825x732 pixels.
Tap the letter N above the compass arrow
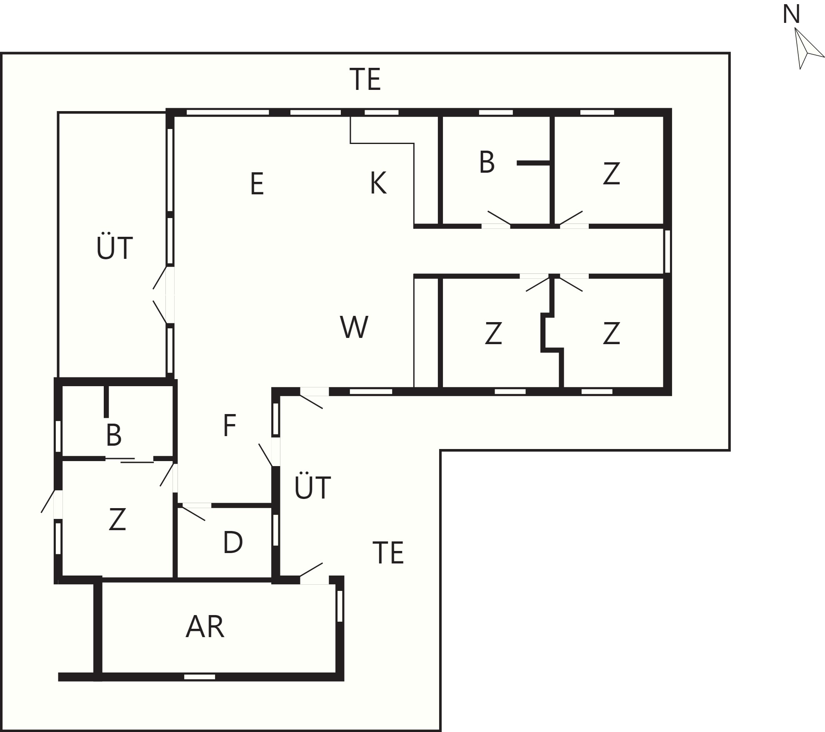click(x=791, y=15)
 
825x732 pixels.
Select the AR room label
click(x=205, y=627)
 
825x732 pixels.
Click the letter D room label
click(x=233, y=542)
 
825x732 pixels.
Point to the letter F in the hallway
click(x=230, y=425)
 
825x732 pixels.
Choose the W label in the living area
click(x=354, y=327)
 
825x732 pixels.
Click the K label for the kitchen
click(x=378, y=183)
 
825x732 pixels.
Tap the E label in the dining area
click(x=257, y=184)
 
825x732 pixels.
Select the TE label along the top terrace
click(x=365, y=79)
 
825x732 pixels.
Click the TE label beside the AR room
click(x=388, y=553)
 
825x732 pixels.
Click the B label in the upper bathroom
click(x=487, y=162)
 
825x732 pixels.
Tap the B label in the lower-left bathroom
click(x=114, y=435)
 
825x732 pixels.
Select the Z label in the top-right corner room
click(x=611, y=174)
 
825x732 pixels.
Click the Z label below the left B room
click(x=117, y=519)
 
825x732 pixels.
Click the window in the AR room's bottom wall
click(x=200, y=677)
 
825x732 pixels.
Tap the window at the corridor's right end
click(x=667, y=251)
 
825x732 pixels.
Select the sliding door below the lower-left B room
click(x=130, y=460)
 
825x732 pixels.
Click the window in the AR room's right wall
click(x=340, y=606)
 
